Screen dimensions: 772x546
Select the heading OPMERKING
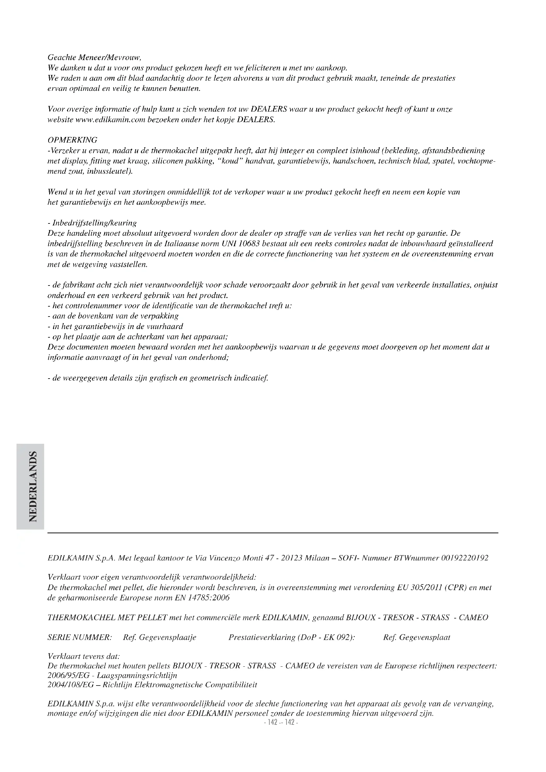[x=72, y=140]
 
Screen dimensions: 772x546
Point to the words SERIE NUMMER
[x=80, y=638]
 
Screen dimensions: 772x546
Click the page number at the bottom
[x=281, y=722]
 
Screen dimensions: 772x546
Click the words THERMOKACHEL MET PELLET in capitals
[x=108, y=618]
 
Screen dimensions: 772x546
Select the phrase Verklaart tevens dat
[x=84, y=657]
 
